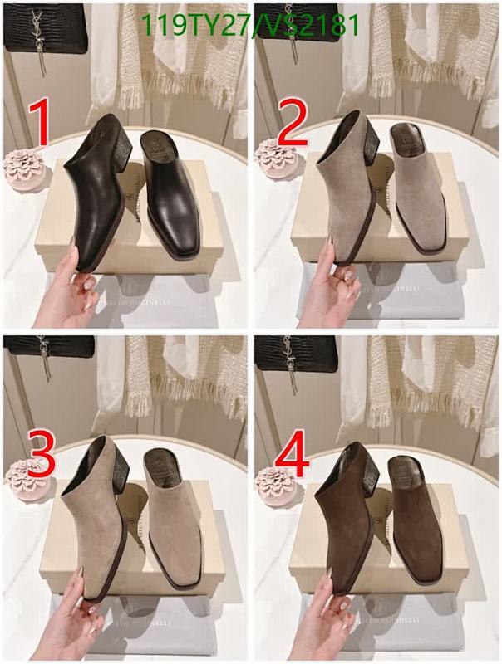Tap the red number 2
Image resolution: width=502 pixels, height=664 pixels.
[x=292, y=127]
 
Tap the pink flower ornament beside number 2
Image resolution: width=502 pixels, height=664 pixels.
[x=273, y=159]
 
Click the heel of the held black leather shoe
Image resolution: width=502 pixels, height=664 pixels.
[x=117, y=149]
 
